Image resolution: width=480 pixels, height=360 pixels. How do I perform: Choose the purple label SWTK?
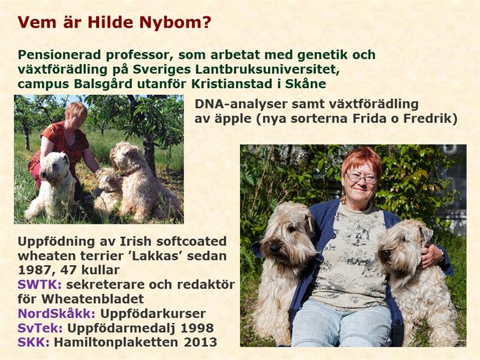pos(40,284)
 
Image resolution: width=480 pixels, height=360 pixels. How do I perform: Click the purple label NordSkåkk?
pos(56,313)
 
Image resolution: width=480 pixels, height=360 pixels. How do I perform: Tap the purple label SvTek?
pos(40,328)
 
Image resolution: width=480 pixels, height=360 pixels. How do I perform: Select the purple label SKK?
pos(34,342)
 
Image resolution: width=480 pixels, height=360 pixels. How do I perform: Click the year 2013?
pos(200,342)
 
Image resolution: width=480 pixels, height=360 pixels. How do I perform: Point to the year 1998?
pos(197,328)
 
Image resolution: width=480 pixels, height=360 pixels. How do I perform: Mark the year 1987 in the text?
pos(34,271)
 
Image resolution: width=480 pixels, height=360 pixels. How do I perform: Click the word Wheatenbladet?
pos(93,299)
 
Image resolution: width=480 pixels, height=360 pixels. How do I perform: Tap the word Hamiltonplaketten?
pos(117,342)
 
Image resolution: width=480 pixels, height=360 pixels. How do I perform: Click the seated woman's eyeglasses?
pos(362,178)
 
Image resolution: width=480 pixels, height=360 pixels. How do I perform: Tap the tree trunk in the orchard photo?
pos(149,153)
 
